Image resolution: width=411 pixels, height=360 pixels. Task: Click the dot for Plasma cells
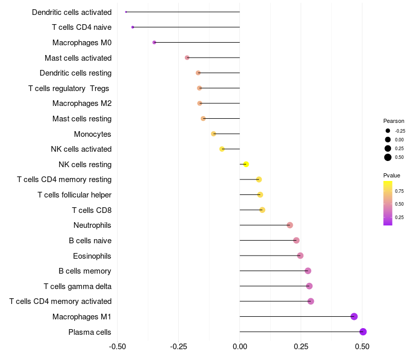click(x=363, y=332)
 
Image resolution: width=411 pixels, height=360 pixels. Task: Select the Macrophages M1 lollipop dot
click(x=354, y=316)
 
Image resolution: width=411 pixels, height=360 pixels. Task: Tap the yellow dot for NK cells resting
click(x=246, y=164)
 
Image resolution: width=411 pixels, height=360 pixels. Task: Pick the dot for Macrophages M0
click(x=154, y=42)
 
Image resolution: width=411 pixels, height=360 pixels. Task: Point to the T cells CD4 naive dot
click(x=133, y=27)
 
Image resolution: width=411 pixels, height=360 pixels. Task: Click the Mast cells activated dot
click(x=187, y=58)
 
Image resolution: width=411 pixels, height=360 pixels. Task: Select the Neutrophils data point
click(x=290, y=225)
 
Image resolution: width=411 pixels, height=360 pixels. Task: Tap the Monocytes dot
click(x=214, y=134)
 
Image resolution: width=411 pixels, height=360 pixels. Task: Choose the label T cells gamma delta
click(x=78, y=286)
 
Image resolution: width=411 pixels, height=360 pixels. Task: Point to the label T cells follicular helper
click(x=74, y=195)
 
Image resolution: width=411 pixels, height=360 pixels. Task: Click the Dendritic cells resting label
click(x=76, y=73)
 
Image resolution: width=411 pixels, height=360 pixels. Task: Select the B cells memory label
click(x=85, y=271)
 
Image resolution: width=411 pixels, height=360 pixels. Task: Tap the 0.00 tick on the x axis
click(x=240, y=347)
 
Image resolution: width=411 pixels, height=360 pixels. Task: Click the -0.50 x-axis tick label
click(x=118, y=347)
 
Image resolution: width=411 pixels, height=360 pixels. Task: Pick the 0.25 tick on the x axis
click(x=301, y=347)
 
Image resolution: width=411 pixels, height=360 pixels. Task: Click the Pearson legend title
click(x=394, y=121)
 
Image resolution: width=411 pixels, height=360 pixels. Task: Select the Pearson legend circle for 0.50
click(x=388, y=157)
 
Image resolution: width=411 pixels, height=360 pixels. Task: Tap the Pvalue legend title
click(x=391, y=175)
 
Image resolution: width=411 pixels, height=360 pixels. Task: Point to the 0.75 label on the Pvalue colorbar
click(x=399, y=191)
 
